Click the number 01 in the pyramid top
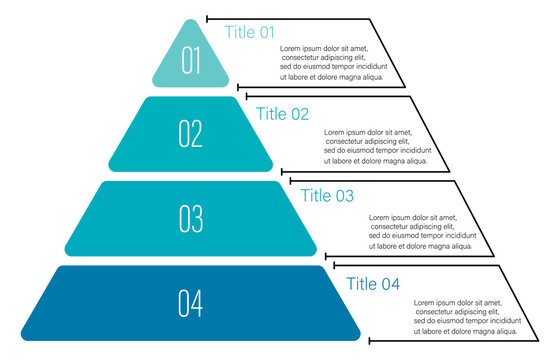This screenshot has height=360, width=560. coord(191,60)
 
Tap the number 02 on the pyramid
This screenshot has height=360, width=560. coord(191,133)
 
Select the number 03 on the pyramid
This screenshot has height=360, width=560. coord(191,218)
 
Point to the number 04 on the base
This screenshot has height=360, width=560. coord(191,302)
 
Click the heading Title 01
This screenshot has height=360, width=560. coord(249,32)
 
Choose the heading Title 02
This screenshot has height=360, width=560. coord(283,113)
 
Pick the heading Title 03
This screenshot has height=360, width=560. coord(328,195)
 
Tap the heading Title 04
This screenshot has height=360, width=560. coord(373,284)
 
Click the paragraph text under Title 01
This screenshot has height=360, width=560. coord(332,62)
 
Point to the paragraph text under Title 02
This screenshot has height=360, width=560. coord(377,146)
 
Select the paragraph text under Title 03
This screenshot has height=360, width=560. coord(421,231)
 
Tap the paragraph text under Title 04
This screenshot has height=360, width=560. coord(466,315)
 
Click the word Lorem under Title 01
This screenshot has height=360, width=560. coord(290,48)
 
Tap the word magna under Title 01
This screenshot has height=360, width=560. coord(352,76)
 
